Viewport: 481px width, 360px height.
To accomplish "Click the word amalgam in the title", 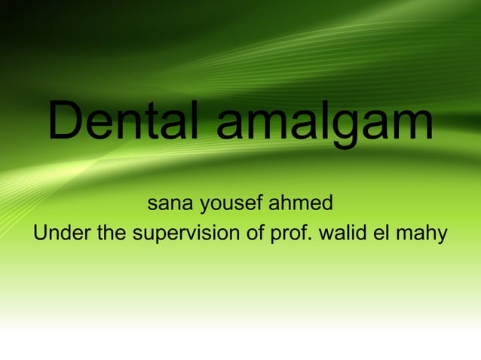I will (325, 124).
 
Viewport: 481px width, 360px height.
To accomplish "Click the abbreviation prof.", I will (290, 236).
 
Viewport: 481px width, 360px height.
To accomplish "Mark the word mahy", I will (427, 236).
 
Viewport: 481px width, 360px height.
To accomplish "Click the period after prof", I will (311, 240).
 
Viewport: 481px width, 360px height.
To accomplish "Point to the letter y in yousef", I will (204, 207).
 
